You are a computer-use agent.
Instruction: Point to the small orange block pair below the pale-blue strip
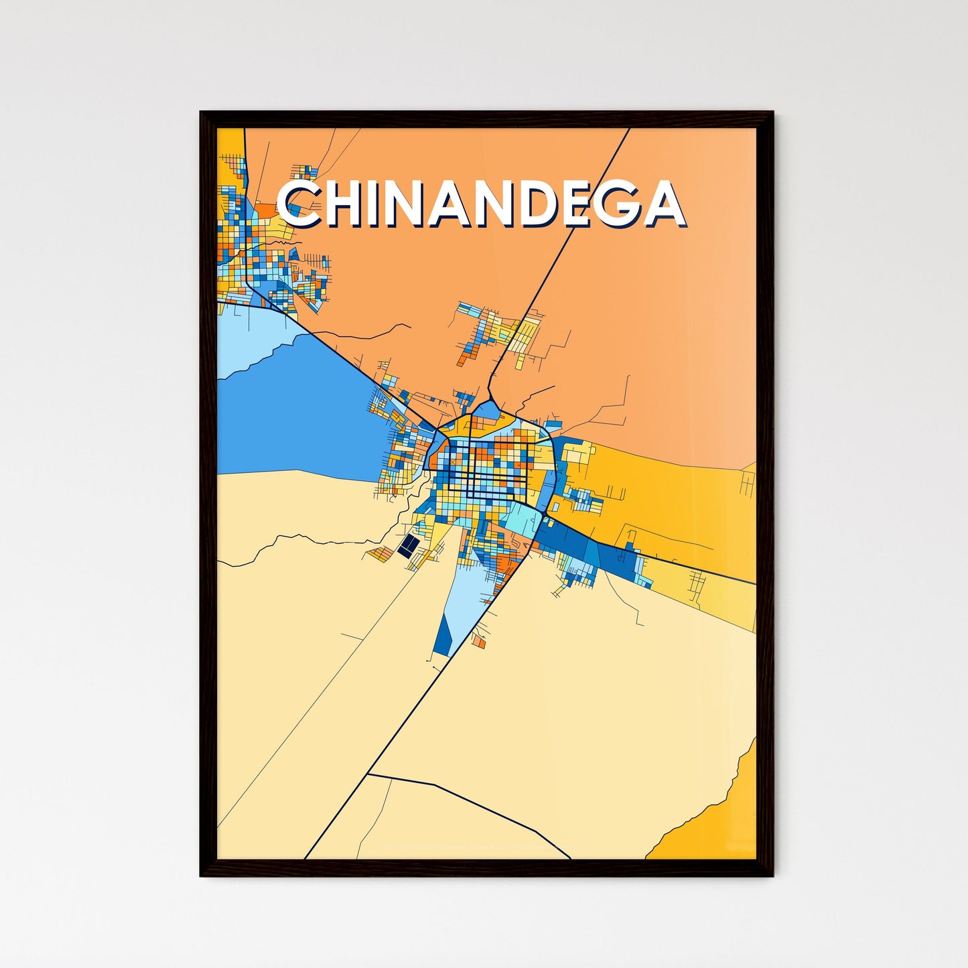coord(478,641)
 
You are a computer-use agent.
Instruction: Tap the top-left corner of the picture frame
coord(202,113)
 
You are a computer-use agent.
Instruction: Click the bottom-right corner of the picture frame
coord(772,876)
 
